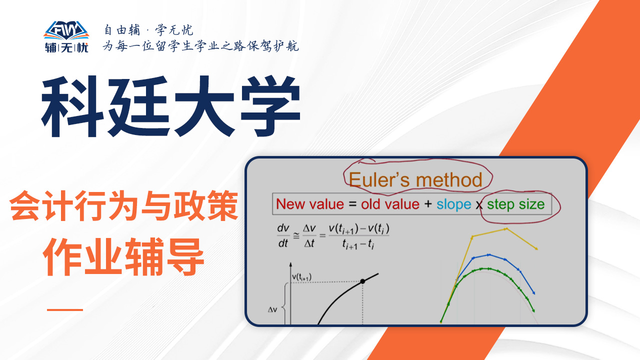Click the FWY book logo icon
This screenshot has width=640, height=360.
66,30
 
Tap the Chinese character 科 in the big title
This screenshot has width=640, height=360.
72,106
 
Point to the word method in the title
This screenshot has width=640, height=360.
449,179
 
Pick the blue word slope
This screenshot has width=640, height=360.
453,205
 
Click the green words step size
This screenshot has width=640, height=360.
515,204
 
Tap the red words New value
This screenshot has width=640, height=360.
310,204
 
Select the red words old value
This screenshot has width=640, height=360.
390,204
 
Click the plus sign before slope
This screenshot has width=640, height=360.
428,204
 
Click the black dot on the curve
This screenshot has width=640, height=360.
362,281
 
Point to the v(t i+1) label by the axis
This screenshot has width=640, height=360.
301,277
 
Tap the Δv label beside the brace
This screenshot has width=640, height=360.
272,309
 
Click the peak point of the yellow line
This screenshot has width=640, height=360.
506,229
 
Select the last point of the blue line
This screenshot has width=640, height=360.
533,293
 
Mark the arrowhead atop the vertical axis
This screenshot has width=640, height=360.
290,264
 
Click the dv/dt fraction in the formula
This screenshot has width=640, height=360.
283,235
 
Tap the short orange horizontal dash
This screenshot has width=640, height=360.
65,309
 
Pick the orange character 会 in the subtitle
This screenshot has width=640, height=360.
24,205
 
